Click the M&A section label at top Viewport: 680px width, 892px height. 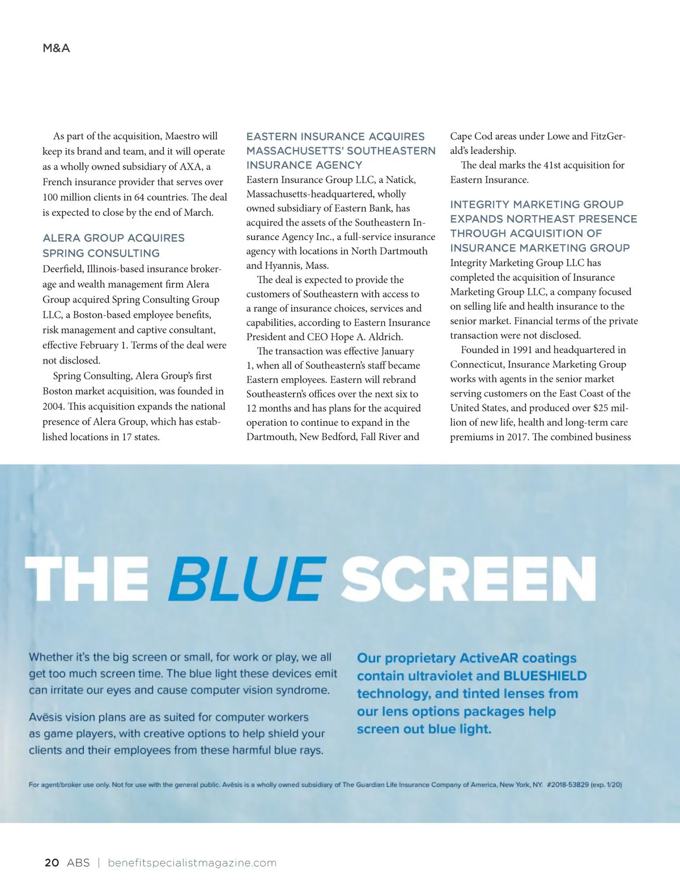click(56, 48)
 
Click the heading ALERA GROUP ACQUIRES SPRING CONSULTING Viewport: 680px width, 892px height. click(113, 245)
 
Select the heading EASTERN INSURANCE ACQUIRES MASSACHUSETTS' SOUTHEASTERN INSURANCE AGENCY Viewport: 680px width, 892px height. click(341, 151)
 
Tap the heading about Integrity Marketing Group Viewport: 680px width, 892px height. click(543, 226)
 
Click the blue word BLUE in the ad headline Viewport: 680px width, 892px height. click(248, 578)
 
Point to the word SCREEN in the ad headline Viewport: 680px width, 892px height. click(468, 578)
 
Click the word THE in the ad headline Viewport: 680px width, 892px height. click(87, 578)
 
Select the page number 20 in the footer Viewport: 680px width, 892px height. click(52, 863)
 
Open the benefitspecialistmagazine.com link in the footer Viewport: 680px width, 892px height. click(192, 863)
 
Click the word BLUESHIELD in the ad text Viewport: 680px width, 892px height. click(545, 676)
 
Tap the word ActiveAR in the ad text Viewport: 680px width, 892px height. click(489, 658)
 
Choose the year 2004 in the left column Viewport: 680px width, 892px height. click(54, 407)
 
